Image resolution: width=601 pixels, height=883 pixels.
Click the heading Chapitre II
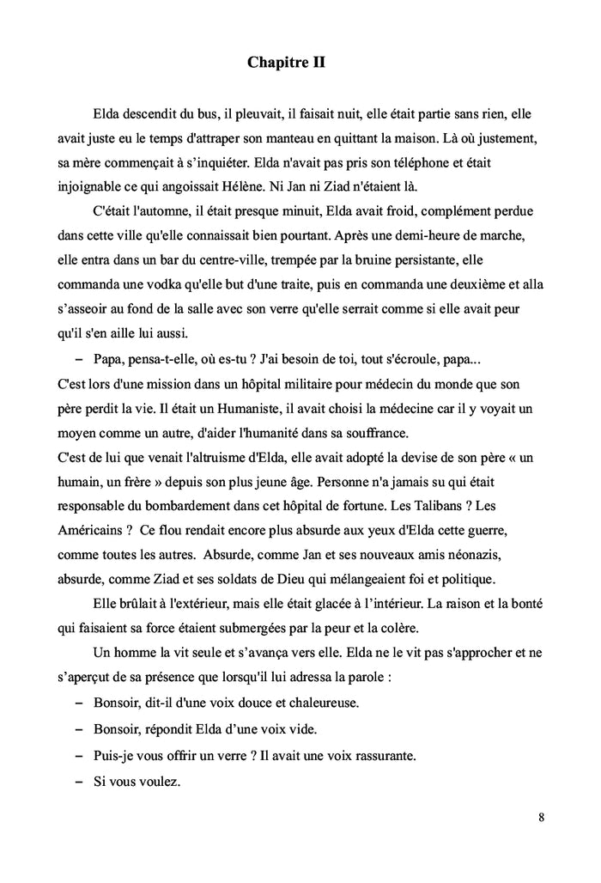tap(286, 63)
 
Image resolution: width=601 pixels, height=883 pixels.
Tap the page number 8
tap(542, 816)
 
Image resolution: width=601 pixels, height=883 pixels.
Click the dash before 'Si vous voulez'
tap(79, 783)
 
